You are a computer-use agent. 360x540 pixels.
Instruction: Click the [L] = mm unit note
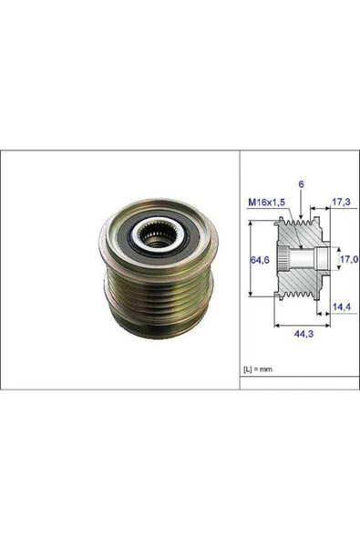[x=259, y=369]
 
